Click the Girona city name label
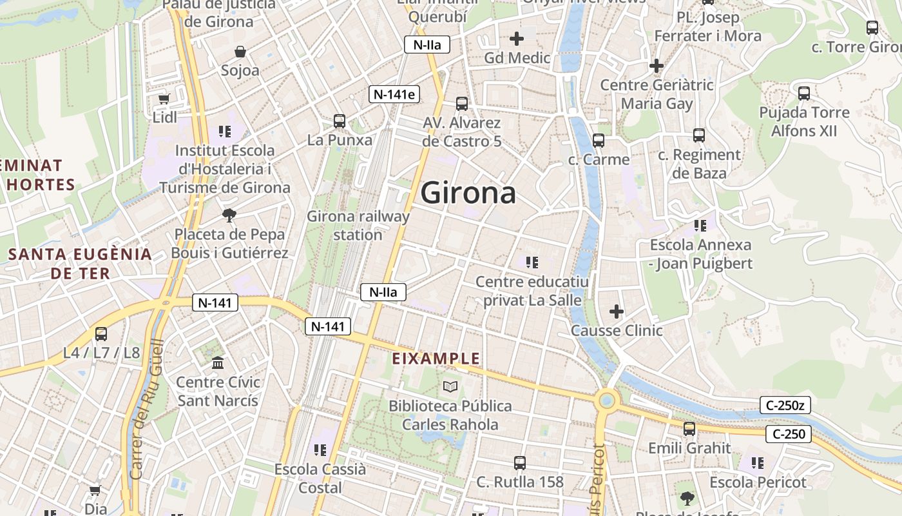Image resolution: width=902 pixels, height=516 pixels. (x=468, y=193)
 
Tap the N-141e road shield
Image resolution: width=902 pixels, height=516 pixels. (x=394, y=94)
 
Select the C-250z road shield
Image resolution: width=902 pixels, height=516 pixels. (x=785, y=405)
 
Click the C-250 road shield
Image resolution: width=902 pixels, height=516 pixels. (x=789, y=434)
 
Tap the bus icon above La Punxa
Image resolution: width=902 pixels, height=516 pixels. (x=340, y=121)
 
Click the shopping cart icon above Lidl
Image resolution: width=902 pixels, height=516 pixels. (x=164, y=99)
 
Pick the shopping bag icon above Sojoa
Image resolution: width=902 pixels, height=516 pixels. (x=240, y=52)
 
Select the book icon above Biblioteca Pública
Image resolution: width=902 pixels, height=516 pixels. (x=450, y=386)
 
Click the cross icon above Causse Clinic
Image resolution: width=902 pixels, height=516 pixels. (x=617, y=312)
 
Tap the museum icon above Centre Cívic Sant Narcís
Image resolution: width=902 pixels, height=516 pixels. (x=218, y=363)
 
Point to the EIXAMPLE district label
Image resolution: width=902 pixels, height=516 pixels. (x=437, y=359)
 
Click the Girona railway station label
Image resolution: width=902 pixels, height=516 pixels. (x=358, y=225)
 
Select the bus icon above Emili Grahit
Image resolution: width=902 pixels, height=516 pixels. (x=689, y=429)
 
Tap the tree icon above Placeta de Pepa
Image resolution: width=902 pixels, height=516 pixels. (x=229, y=215)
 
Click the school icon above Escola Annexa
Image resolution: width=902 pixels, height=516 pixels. (x=700, y=226)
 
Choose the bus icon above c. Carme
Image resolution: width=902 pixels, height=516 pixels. (x=599, y=140)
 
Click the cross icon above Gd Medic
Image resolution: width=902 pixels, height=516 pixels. (x=517, y=39)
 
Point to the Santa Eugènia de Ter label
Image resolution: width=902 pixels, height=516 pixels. (x=81, y=263)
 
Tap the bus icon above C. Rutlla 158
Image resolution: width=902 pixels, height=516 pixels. (x=520, y=462)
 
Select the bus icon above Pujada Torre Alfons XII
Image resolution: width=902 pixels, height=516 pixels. (x=804, y=93)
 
